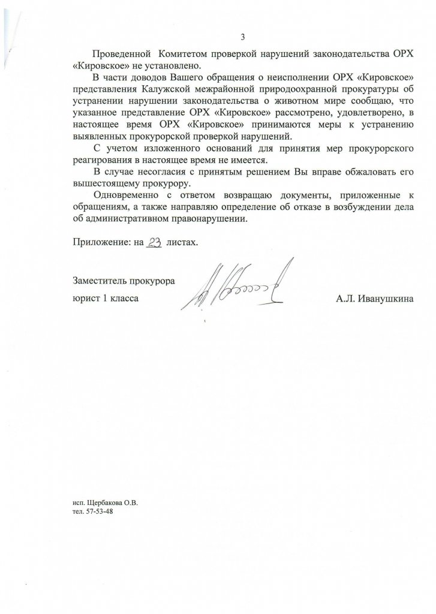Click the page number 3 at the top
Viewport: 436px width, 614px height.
click(x=242, y=38)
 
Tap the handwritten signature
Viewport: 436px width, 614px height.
click(x=237, y=287)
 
